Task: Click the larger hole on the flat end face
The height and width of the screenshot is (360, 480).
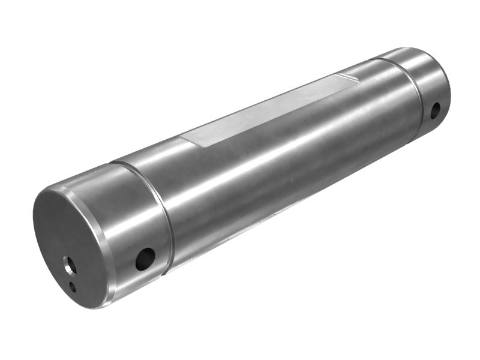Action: [70, 263]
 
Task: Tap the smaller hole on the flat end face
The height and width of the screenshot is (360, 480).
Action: [73, 286]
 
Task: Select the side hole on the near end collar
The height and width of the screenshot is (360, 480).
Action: [145, 259]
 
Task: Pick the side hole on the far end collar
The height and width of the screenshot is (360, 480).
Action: [435, 110]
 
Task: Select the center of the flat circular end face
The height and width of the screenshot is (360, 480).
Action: [72, 246]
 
